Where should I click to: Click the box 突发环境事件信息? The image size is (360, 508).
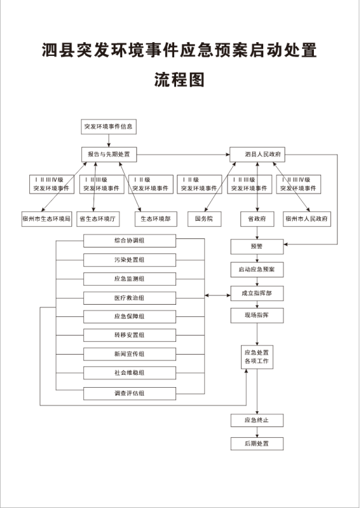(x=109, y=127)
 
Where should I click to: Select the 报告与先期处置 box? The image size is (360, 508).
(x=109, y=155)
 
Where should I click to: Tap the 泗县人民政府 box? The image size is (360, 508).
(x=257, y=155)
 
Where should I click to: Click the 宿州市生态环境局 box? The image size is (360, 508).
(x=47, y=219)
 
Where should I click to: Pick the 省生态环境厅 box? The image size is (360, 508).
(x=98, y=219)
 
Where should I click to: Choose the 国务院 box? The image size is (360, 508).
(x=205, y=219)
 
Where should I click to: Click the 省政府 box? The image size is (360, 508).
(x=257, y=219)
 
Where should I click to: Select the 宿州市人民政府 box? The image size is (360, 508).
(x=307, y=219)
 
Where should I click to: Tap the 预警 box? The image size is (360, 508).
(x=257, y=247)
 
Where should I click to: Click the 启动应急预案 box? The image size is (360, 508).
(x=257, y=270)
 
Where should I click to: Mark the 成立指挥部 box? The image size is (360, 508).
(x=257, y=294)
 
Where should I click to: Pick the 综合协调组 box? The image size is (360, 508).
(x=129, y=241)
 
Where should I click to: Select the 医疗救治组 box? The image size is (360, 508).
(x=129, y=298)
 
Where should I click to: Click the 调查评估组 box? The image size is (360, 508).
(x=129, y=394)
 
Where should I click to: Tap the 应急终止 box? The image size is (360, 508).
(x=257, y=420)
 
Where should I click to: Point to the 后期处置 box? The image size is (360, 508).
(x=257, y=444)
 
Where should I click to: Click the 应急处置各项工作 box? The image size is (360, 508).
(x=257, y=357)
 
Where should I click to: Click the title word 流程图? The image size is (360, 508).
(x=179, y=80)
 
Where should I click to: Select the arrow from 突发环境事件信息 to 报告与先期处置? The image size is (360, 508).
(x=109, y=140)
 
